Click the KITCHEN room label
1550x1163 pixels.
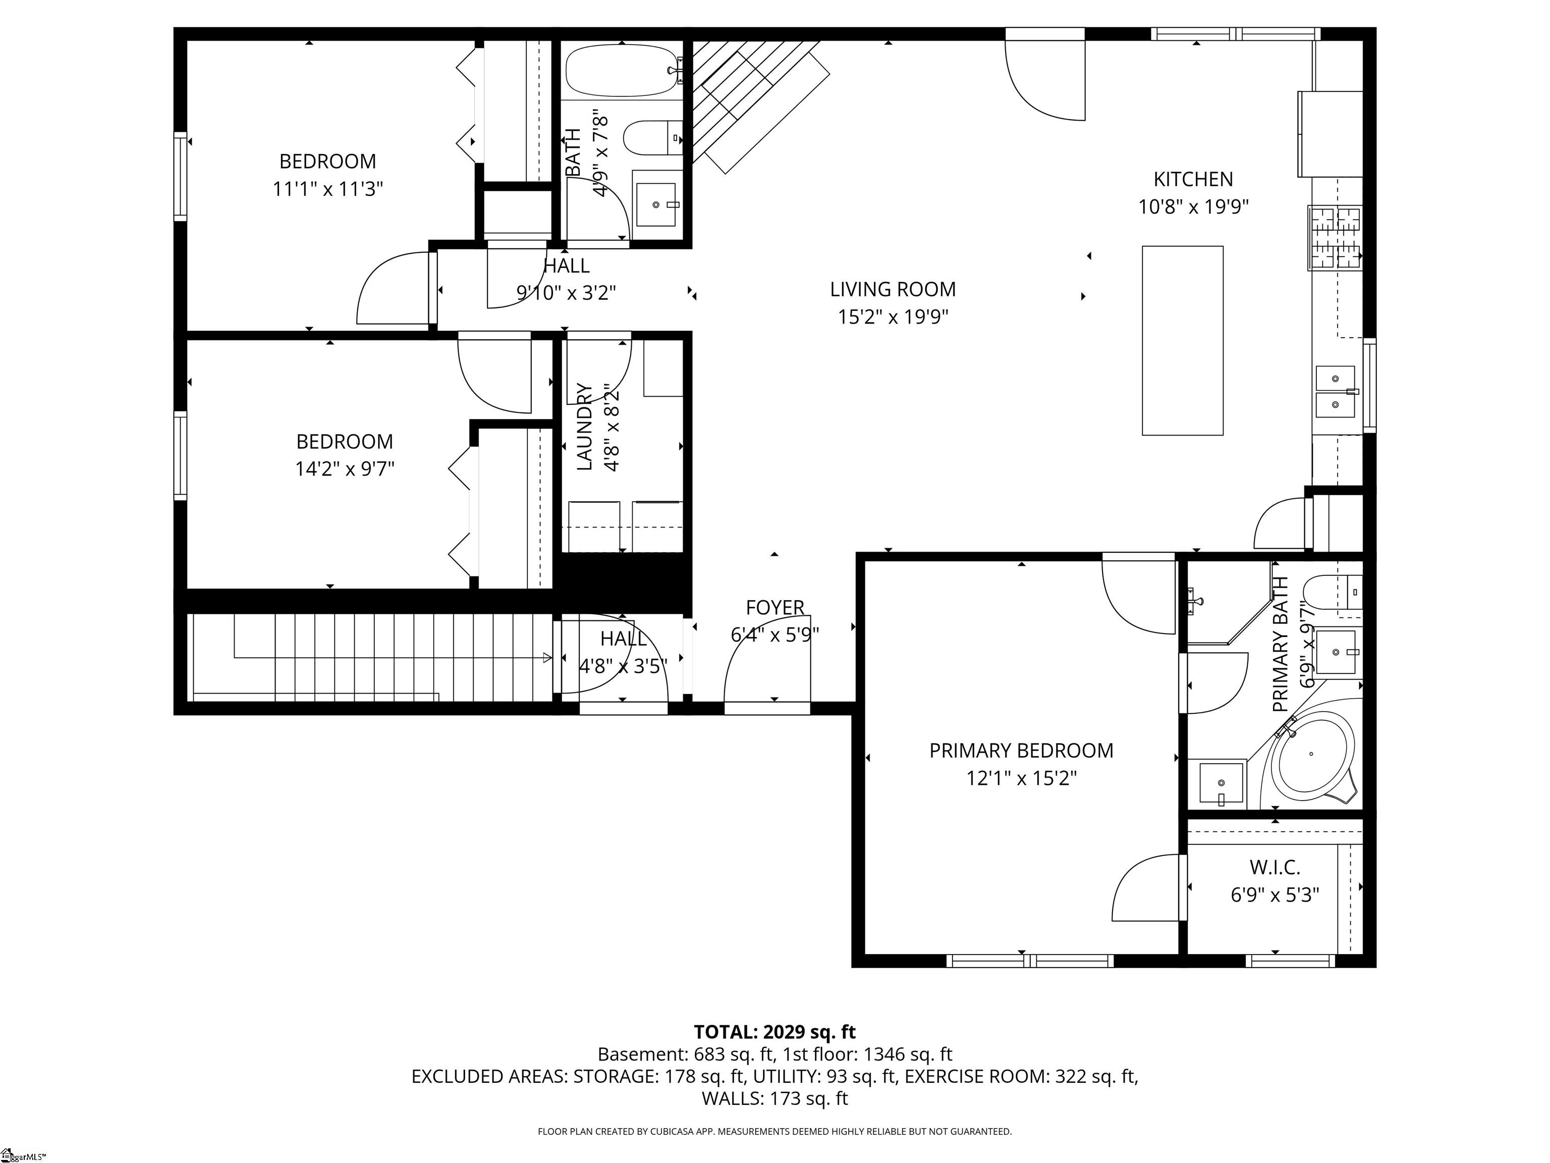pyautogui.click(x=1193, y=180)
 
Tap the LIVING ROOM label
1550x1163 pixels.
pyautogui.click(x=893, y=290)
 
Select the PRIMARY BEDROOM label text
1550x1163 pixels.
pyautogui.click(x=1021, y=751)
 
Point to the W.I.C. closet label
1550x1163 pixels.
pyautogui.click(x=1275, y=868)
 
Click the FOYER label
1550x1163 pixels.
pyautogui.click(x=774, y=607)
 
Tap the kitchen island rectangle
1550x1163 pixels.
pyautogui.click(x=1183, y=341)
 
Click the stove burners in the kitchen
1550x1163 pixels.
pyautogui.click(x=1335, y=238)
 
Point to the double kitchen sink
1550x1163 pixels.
pyautogui.click(x=1336, y=392)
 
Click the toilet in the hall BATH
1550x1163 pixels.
pyautogui.click(x=652, y=138)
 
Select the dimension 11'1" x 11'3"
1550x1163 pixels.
pyautogui.click(x=327, y=189)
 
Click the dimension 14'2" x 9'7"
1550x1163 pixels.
pyautogui.click(x=345, y=469)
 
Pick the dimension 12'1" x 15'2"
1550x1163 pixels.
pyautogui.click(x=1021, y=779)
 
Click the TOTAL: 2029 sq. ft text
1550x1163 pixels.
pyautogui.click(x=774, y=1032)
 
